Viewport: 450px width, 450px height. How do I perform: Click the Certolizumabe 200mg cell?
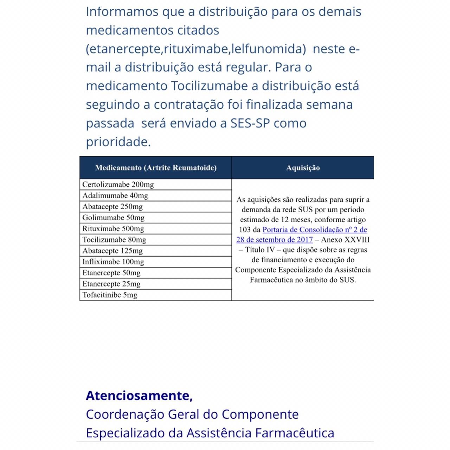click(118, 185)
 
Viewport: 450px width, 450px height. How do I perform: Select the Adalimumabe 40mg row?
click(115, 195)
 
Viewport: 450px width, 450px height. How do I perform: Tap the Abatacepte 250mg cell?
click(112, 207)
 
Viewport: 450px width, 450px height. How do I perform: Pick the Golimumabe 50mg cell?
click(114, 218)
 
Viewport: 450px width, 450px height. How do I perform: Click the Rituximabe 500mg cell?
click(113, 229)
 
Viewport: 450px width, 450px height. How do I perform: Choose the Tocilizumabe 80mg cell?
click(114, 240)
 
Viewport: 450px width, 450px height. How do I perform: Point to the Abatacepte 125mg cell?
click(112, 251)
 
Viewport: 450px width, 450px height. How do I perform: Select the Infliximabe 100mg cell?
click(113, 262)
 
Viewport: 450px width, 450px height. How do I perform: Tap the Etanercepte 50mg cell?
click(111, 273)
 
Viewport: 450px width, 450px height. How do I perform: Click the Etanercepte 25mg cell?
click(111, 284)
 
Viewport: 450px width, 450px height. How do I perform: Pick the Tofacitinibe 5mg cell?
click(110, 295)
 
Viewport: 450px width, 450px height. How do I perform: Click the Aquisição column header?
click(303, 168)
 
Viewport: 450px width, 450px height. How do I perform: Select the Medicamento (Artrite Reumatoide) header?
click(156, 168)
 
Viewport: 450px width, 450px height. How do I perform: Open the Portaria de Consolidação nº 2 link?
click(315, 230)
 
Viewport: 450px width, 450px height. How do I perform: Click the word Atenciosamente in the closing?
click(139, 396)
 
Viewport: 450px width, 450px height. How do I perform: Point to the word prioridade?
click(118, 142)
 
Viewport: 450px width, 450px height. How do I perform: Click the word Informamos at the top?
click(122, 12)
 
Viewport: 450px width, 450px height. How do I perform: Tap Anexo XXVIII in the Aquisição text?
click(345, 240)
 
